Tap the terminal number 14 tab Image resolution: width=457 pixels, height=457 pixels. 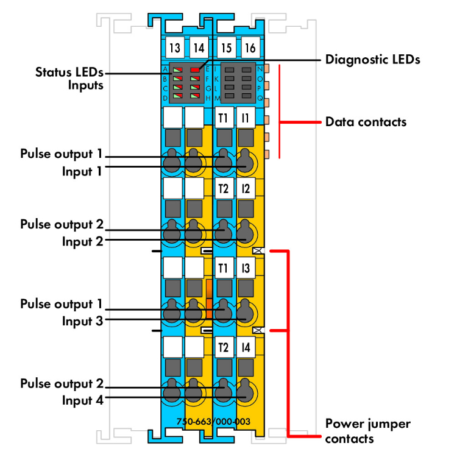click(x=198, y=48)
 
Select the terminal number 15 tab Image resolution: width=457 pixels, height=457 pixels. click(x=226, y=48)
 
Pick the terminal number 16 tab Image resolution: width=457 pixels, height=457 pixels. click(x=249, y=48)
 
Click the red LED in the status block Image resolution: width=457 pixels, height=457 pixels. click(x=195, y=70)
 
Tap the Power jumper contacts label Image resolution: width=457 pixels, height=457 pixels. click(x=368, y=431)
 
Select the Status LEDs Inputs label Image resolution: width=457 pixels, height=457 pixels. click(x=69, y=78)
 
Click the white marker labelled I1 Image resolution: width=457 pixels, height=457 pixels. click(x=245, y=118)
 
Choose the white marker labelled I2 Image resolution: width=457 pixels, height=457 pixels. click(x=245, y=189)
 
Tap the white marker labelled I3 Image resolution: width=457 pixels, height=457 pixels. click(x=245, y=267)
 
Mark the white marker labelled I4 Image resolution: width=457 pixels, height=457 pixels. click(x=245, y=348)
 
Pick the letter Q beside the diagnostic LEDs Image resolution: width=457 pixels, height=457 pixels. click(x=260, y=97)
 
